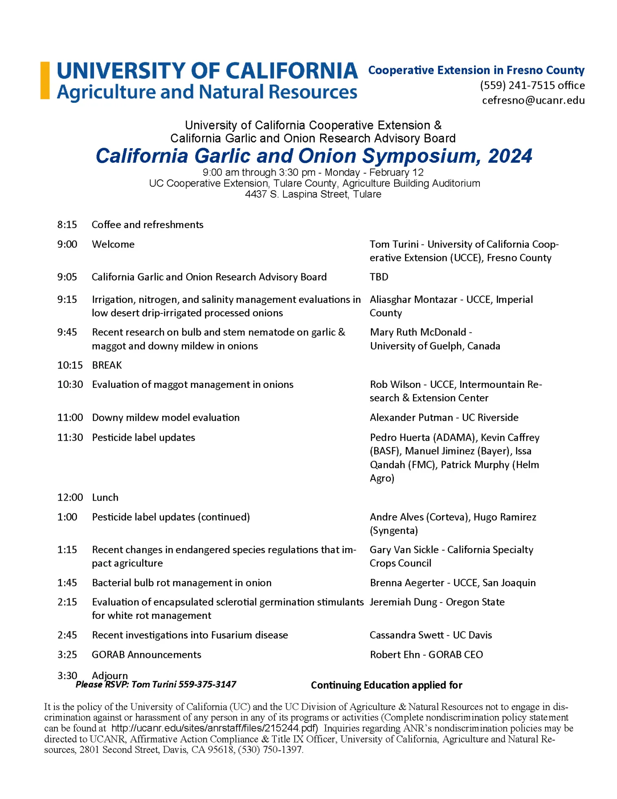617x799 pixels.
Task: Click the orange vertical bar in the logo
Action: click(45, 80)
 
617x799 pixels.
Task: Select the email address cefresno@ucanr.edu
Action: click(533, 100)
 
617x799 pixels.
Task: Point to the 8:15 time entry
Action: click(67, 225)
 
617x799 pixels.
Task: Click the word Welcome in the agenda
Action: click(113, 244)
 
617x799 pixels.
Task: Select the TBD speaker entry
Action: click(379, 277)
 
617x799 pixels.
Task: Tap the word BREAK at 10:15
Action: click(107, 365)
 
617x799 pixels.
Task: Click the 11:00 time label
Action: click(70, 418)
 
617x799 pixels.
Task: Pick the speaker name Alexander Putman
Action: click(411, 418)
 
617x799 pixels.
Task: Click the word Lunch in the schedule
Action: click(105, 498)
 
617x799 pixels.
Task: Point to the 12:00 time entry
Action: click(70, 498)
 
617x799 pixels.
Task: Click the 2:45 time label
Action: click(67, 635)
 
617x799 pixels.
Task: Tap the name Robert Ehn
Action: click(395, 655)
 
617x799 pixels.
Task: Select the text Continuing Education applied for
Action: click(386, 685)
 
